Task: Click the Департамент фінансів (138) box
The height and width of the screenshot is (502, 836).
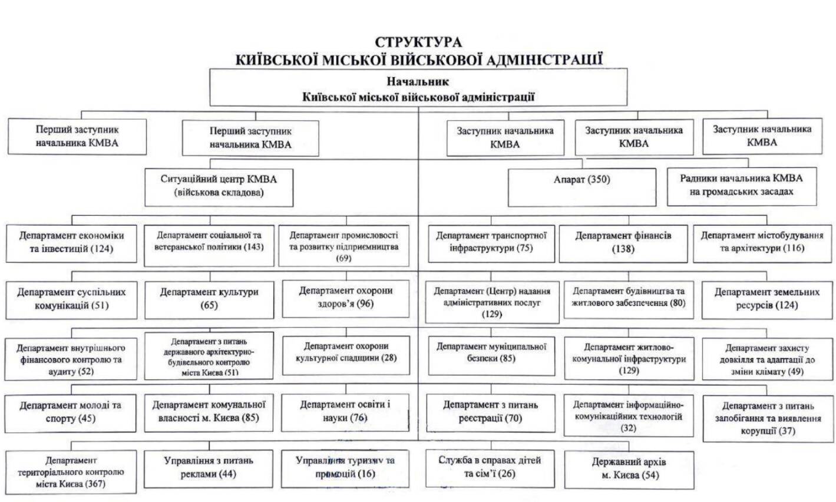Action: (623, 242)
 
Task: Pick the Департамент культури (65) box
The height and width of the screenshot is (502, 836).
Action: (209, 298)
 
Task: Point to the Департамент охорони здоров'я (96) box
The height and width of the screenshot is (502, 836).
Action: (345, 297)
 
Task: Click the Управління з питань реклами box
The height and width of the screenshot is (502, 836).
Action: (209, 467)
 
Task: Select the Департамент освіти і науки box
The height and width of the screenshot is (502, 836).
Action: (345, 411)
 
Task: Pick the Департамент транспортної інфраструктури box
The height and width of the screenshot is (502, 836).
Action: (491, 242)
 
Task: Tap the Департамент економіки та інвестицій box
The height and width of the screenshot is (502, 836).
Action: (71, 242)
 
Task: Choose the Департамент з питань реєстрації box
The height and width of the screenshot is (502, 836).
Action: (490, 411)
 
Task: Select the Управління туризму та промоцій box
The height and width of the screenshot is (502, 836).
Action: (345, 468)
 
